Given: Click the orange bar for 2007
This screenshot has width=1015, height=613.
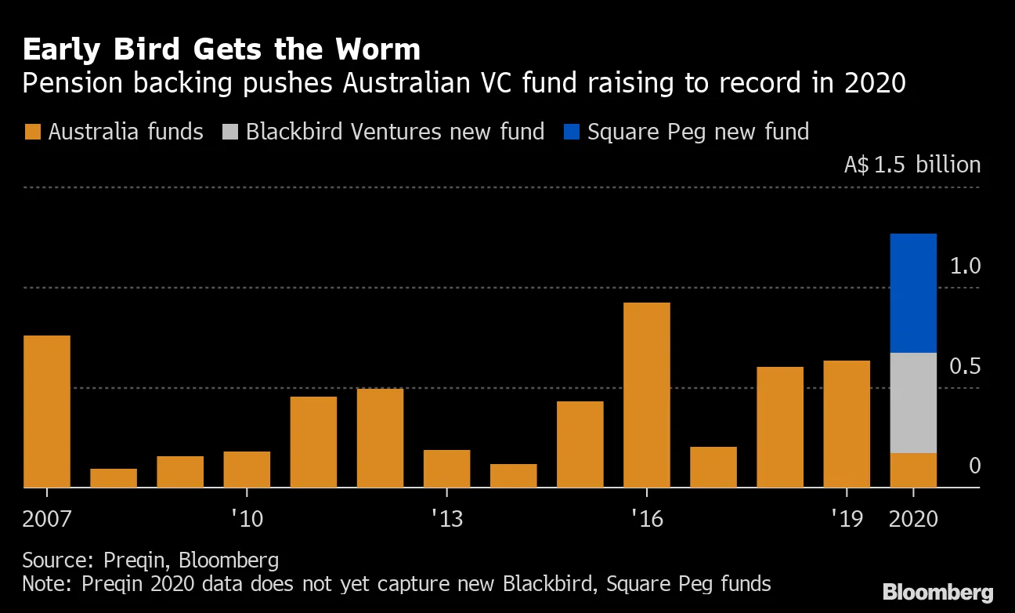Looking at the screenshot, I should [47, 412].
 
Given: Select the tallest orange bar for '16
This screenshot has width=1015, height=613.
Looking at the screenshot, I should [647, 395].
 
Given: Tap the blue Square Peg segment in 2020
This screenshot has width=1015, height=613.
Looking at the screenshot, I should [913, 293].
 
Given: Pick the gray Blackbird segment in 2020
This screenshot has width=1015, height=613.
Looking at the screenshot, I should [913, 403].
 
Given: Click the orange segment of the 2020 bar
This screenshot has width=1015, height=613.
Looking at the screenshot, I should [913, 470].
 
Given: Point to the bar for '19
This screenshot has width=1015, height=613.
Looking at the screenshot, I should [847, 424].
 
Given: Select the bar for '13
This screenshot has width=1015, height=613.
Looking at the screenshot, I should [446, 469].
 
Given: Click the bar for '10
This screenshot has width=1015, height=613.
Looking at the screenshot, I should [247, 470].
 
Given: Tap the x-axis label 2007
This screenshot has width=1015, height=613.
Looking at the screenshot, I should [47, 519].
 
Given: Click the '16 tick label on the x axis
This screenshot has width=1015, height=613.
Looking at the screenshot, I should [647, 519].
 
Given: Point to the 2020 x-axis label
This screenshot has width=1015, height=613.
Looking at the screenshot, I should [913, 519].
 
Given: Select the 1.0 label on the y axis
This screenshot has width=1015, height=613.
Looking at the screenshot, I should [965, 267].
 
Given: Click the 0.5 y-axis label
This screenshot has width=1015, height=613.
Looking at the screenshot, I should [965, 367].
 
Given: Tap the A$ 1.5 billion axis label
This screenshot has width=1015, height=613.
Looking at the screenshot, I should [912, 165].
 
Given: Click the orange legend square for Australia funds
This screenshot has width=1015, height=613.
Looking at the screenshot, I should [32, 132].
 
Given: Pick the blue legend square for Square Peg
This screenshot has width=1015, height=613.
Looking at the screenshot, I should [571, 132].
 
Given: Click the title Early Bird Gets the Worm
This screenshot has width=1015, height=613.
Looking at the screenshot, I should [222, 49].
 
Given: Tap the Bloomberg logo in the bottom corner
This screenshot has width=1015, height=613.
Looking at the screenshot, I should [938, 592].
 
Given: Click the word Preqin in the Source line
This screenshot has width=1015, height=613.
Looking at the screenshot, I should [135, 560].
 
